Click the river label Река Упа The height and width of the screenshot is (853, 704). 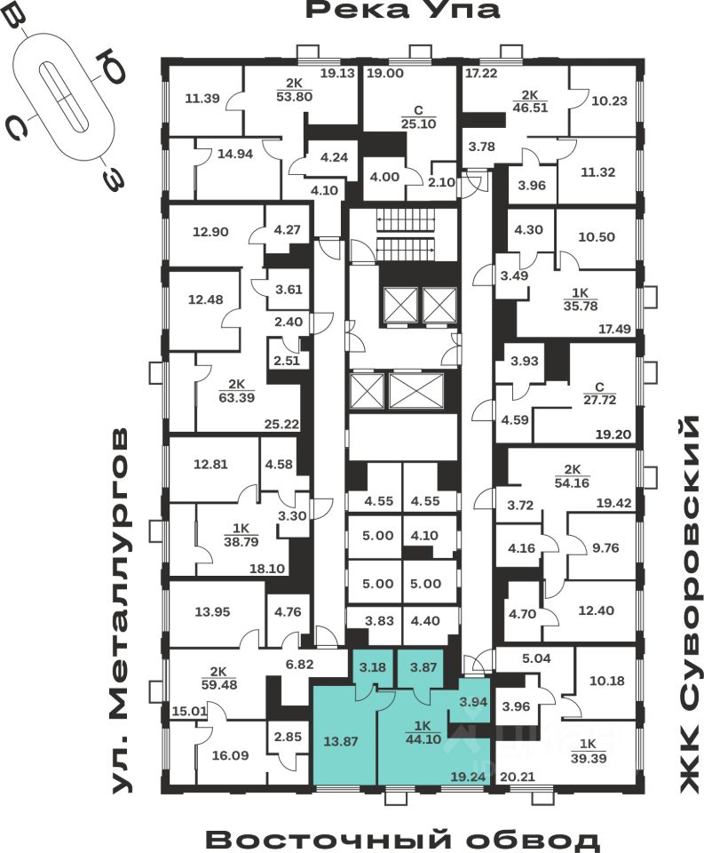[x=404, y=12]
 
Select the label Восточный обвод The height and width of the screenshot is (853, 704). [x=403, y=839]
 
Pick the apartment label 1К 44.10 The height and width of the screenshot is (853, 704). [x=414, y=729]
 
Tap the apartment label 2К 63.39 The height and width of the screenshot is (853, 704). [x=235, y=391]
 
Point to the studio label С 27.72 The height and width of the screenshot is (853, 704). [x=599, y=392]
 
